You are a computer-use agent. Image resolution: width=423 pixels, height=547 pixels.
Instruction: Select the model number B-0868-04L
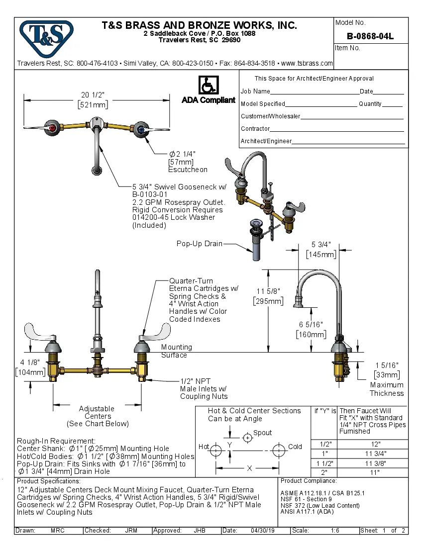[370, 36]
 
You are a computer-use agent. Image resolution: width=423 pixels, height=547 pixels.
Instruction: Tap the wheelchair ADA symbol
[208, 85]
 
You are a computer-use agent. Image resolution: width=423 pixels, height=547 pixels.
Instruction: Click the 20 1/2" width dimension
[96, 95]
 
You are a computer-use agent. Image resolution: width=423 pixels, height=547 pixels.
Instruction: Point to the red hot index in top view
[53, 128]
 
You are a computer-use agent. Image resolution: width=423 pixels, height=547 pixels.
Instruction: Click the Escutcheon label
[188, 170]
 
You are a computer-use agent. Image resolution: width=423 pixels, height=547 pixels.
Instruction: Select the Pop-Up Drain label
[199, 244]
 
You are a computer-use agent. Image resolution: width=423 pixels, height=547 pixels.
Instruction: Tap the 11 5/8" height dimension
[268, 291]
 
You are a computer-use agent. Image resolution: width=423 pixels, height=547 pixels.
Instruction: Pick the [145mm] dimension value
[321, 254]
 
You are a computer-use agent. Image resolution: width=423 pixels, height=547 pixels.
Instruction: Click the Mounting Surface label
[176, 351]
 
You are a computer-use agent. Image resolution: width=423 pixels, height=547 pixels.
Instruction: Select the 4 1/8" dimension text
[29, 363]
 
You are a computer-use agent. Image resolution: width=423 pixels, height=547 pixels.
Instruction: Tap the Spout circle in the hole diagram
[247, 438]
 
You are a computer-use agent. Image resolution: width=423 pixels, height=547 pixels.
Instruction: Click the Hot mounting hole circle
[215, 451]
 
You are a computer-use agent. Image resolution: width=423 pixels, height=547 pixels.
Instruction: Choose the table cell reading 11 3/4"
[375, 453]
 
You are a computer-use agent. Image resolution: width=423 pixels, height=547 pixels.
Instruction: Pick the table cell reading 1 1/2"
[324, 462]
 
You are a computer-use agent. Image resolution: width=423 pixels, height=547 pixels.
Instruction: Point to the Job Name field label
[255, 91]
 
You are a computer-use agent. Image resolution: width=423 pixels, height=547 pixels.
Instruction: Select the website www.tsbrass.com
[307, 63]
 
